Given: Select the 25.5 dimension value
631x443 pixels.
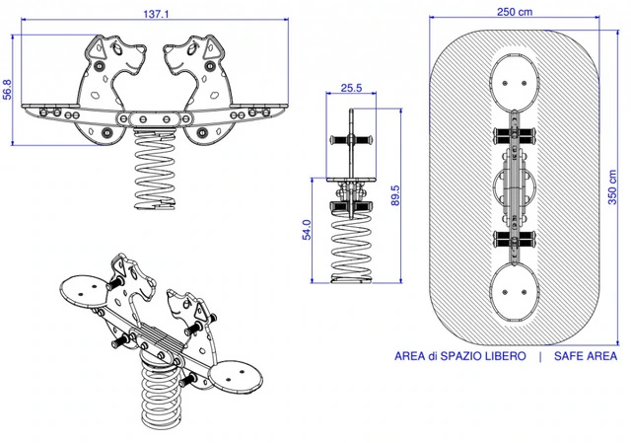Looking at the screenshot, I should coord(351,88).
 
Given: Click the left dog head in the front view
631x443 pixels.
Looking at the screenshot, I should coord(106,59).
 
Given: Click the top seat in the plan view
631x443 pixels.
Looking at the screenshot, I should coord(515,77).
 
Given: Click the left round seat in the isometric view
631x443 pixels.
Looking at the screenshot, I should coord(85,291).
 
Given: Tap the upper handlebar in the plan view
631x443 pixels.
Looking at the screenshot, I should coord(515,133).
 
